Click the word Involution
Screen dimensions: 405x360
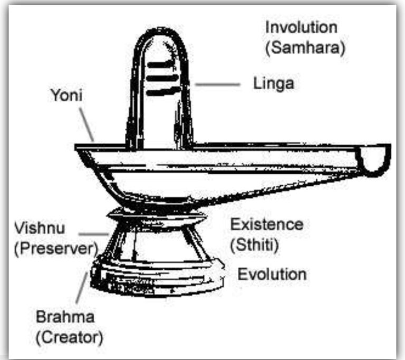[301, 27]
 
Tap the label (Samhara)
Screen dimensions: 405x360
[305, 48]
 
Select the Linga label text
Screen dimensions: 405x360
[274, 84]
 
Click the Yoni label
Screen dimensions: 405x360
[66, 95]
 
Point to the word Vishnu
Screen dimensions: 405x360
[40, 228]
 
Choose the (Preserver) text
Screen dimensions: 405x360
[56, 249]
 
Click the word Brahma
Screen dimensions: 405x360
[65, 317]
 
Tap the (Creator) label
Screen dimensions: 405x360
[69, 338]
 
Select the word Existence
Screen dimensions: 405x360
[267, 224]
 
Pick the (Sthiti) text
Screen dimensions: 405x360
[254, 244]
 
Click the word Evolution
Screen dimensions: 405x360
[272, 274]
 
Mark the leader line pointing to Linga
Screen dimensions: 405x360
[217, 84]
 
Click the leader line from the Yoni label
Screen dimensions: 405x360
[86, 125]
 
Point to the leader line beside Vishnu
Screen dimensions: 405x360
[94, 234]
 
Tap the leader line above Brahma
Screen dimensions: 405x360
[82, 288]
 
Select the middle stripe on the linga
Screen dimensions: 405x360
[162, 78]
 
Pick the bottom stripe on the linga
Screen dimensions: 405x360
[163, 91]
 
